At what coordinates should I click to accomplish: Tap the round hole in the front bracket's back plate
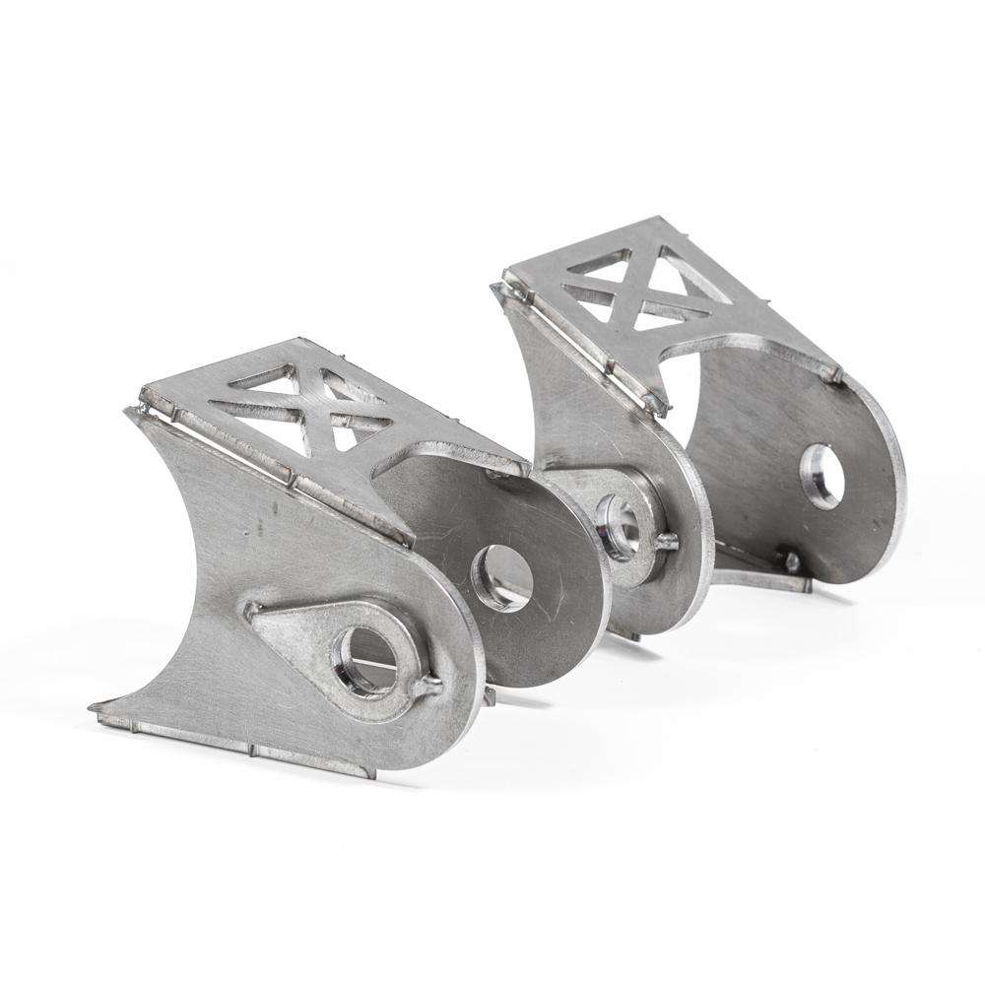point(502,577)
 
